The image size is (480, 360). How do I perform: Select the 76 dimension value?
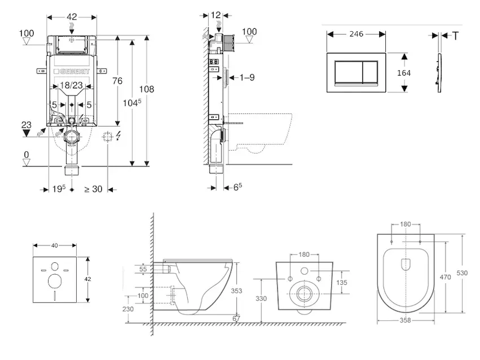point(118,82)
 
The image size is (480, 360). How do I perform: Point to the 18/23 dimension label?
point(71,86)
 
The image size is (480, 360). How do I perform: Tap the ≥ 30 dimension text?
point(93,189)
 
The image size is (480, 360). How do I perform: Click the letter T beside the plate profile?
point(455,36)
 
